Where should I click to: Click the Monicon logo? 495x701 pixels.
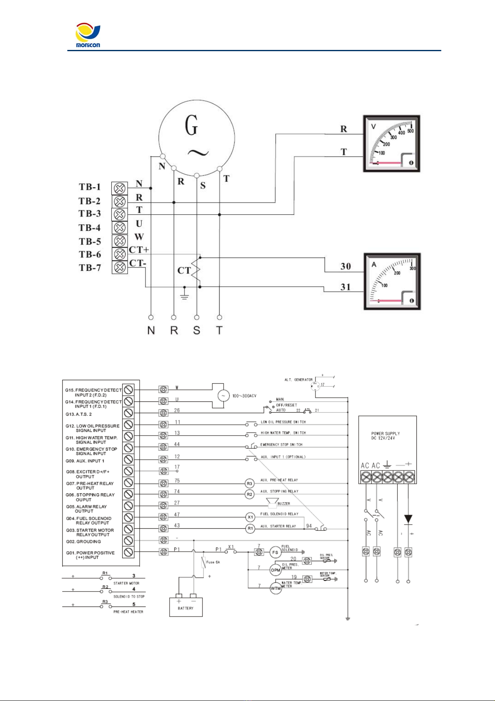point(88,36)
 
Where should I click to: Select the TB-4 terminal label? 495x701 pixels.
point(90,228)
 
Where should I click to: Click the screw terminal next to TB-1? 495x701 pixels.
point(120,188)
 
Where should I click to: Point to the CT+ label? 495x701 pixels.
point(139,250)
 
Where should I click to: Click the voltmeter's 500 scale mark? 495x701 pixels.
point(410,131)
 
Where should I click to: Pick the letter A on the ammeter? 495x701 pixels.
point(374,265)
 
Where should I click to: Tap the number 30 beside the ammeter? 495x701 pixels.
point(346,266)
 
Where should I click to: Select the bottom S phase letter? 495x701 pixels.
point(197,330)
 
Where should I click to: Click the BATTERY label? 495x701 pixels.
point(186,608)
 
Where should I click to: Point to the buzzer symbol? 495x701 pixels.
point(273,503)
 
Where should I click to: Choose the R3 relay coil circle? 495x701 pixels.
point(250,483)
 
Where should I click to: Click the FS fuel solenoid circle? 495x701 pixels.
point(275,552)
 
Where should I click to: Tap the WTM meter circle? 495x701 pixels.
point(276,589)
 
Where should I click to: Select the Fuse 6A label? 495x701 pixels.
point(213,562)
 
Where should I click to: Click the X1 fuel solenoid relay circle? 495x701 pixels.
point(250,517)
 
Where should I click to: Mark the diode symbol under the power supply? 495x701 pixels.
point(408,519)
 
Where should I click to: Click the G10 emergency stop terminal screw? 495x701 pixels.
point(129,448)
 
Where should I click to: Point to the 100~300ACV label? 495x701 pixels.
point(244,396)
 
